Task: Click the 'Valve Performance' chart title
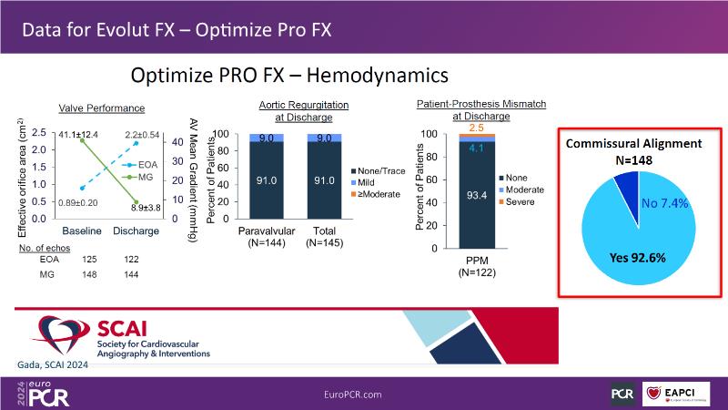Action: pos(102,108)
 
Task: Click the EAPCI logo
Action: pos(682,393)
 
